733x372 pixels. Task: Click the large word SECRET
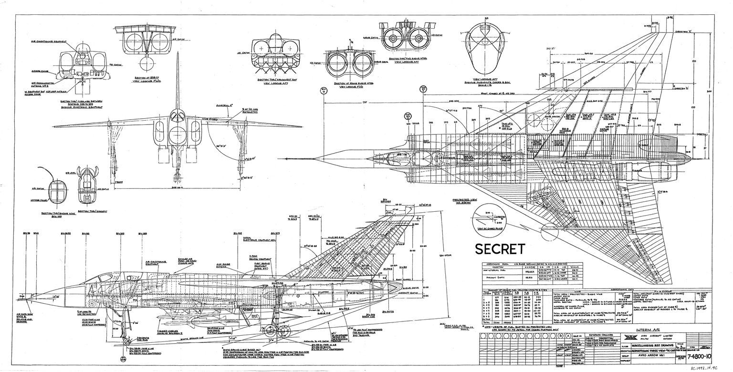coord(500,248)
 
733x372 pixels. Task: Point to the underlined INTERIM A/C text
coord(651,330)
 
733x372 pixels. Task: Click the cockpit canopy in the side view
coord(119,274)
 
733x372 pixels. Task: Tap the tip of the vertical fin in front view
coord(178,53)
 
